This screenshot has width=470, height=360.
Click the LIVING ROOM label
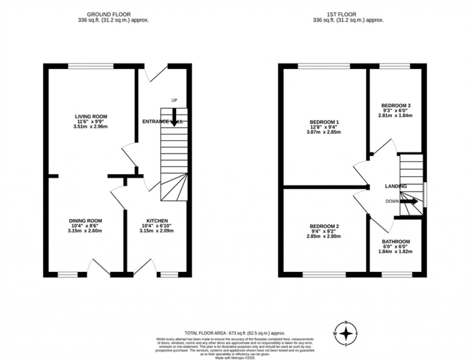point(91,116)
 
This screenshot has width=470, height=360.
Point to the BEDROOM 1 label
point(324,122)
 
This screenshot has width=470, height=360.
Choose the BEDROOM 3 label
point(396,105)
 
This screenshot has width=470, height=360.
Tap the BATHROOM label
point(396,242)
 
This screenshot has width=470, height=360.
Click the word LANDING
point(396,186)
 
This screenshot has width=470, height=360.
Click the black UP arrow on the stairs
point(174,116)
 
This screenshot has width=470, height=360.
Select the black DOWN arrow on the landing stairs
point(409,202)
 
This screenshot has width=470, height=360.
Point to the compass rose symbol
point(348,333)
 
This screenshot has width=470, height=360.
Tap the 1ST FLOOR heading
point(348,15)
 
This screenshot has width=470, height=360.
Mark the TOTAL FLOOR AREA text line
point(235,332)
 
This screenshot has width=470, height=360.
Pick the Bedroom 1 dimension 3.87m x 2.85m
point(324,132)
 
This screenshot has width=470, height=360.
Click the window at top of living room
point(91,66)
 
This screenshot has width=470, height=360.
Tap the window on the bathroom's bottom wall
point(396,275)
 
